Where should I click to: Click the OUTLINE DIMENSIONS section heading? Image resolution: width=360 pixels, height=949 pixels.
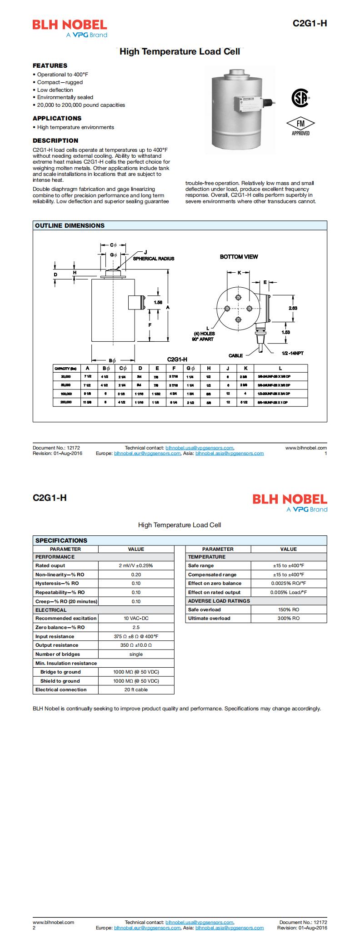tap(70, 225)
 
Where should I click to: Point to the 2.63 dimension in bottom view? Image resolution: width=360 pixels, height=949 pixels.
tap(293, 308)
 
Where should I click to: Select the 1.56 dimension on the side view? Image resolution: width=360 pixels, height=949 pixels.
tap(158, 302)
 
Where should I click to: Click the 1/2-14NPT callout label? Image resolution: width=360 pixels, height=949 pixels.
tap(292, 353)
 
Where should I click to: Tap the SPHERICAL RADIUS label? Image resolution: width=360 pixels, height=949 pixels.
tap(154, 259)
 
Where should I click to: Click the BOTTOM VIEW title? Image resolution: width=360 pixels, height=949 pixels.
tap(239, 257)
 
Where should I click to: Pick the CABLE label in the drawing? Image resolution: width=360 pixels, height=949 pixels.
tap(235, 355)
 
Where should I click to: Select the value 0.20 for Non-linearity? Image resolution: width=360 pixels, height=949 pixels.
tap(136, 574)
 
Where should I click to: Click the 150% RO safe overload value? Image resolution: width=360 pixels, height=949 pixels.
tap(288, 609)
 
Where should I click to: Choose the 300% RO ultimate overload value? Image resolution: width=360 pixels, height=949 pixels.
tap(288, 618)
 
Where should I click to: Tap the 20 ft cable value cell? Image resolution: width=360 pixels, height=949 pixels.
tap(136, 689)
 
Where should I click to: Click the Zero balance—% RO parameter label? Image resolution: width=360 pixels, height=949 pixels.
tap(60, 627)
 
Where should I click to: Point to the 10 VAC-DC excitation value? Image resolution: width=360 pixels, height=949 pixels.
tap(136, 618)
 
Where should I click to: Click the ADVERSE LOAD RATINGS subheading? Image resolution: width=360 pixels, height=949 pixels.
tap(219, 601)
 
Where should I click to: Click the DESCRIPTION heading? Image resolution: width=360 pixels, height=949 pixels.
tap(55, 140)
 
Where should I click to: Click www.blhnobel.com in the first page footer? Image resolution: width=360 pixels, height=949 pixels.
tap(306, 448)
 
